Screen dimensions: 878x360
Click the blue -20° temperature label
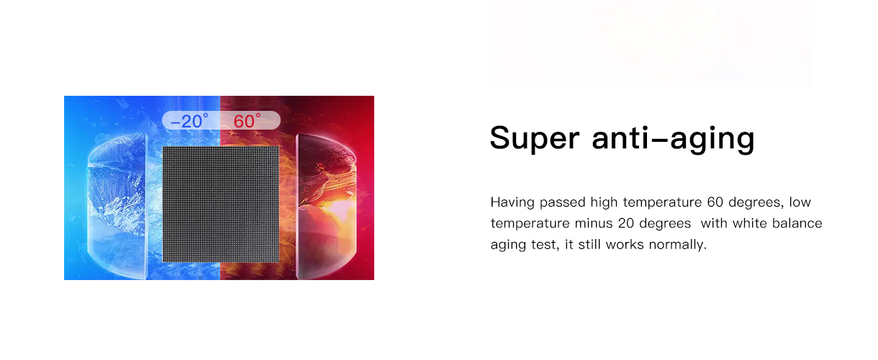(x=190, y=121)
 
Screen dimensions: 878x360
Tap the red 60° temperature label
(x=247, y=121)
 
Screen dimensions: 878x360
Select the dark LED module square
(x=221, y=204)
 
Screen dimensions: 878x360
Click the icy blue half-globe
(x=117, y=206)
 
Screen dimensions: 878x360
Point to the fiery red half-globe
(x=327, y=206)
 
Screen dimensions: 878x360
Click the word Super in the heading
(x=535, y=138)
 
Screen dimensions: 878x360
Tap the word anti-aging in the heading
(x=673, y=139)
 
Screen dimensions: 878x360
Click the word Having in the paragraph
(x=512, y=202)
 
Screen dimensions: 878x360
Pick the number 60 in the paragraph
(x=715, y=202)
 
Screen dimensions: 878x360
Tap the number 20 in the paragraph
(x=625, y=223)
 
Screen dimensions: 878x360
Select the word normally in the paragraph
(x=678, y=245)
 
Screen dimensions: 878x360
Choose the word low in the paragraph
(x=800, y=202)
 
